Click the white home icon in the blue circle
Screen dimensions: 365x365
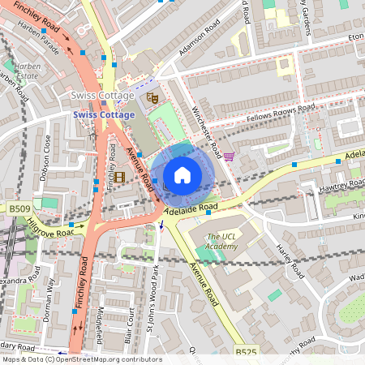click(x=182, y=174)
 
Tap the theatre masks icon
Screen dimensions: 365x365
click(x=151, y=97)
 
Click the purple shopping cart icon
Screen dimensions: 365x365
click(x=229, y=156)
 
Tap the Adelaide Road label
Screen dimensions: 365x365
click(x=191, y=208)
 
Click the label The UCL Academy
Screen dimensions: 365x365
click(x=221, y=241)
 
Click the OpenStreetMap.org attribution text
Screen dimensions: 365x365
click(x=109, y=359)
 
